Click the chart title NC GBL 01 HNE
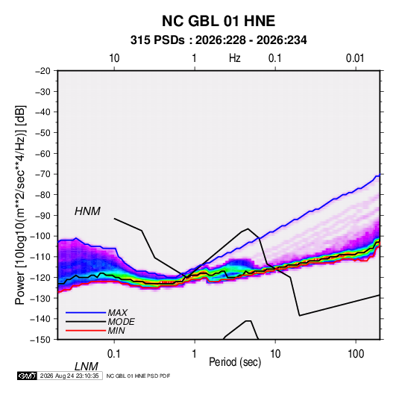219,21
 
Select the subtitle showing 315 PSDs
219,40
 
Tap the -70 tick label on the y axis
43,174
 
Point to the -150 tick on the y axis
40,340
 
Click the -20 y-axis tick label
43,71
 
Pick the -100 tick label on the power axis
40,236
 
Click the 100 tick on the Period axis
356,354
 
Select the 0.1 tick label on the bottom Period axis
114,354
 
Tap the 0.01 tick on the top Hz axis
355,58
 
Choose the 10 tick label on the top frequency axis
114,58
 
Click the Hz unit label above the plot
235,58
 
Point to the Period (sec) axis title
235,362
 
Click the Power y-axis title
20,205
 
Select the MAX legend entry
117,313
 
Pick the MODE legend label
121,322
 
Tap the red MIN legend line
86,331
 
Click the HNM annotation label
87,211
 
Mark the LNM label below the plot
86,367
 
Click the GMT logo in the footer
28,376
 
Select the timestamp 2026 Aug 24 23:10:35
69,376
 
